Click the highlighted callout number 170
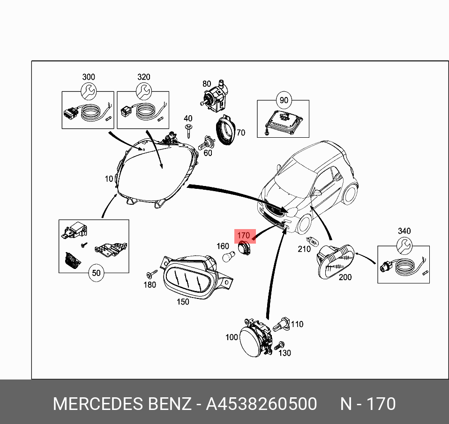[x=244, y=235]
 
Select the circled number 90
[x=284, y=100]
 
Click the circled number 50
[x=97, y=273]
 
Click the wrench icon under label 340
[x=404, y=245]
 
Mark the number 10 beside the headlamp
[x=109, y=179]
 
